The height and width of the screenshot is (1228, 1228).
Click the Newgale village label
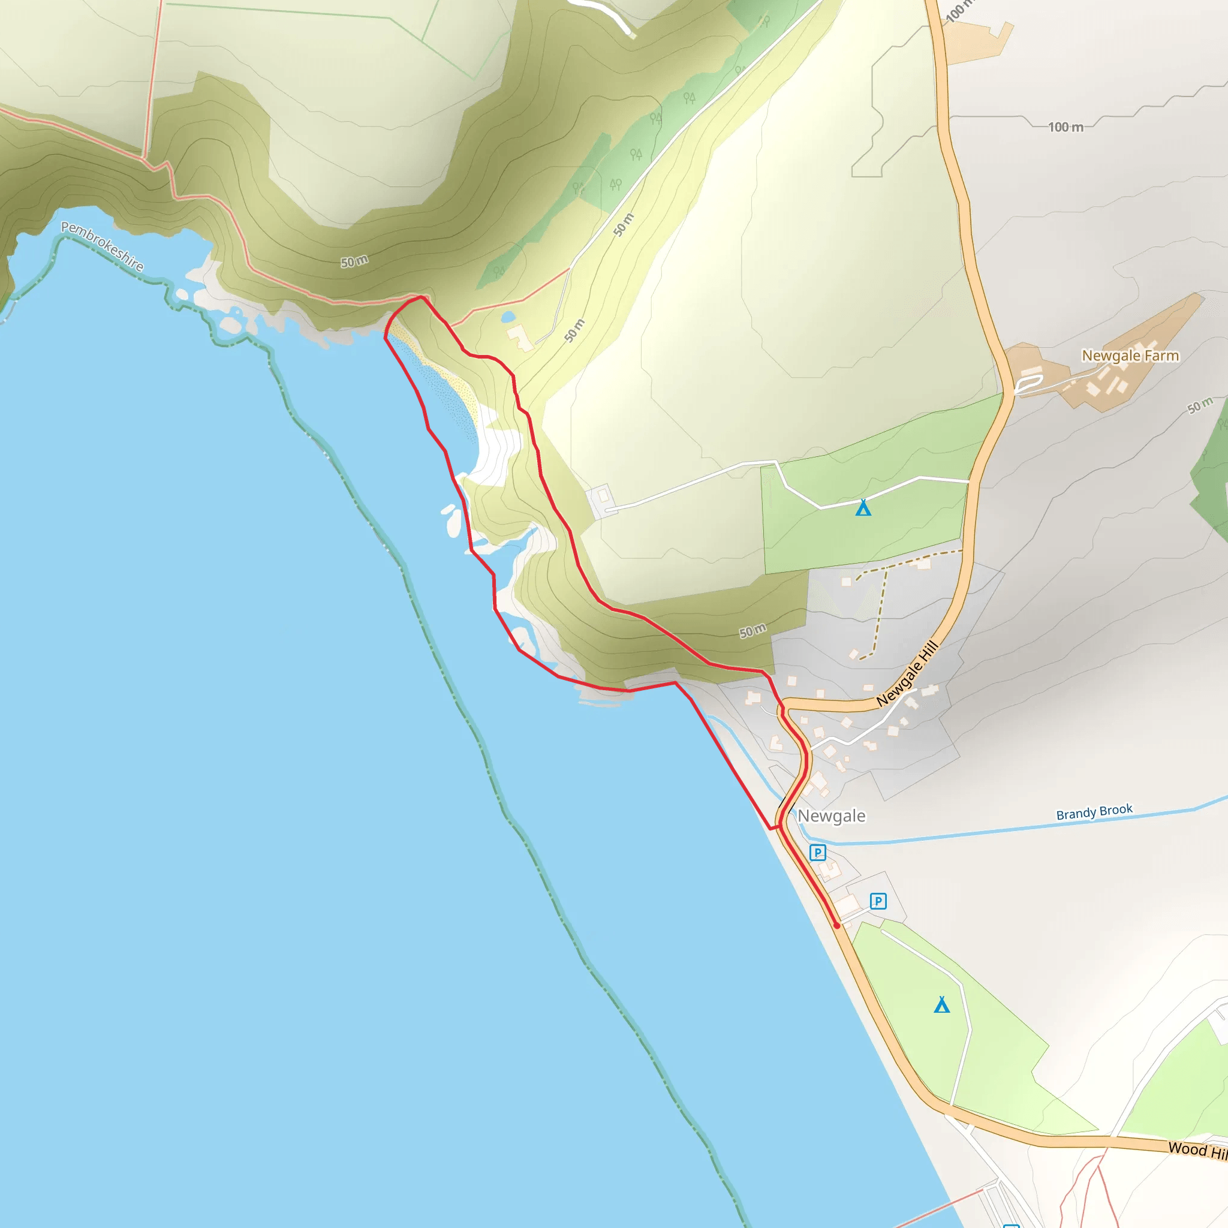[x=832, y=815]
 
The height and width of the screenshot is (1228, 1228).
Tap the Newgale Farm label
[x=1130, y=356]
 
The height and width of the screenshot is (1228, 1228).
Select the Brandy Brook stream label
[x=1094, y=812]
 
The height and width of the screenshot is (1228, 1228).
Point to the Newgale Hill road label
[x=907, y=674]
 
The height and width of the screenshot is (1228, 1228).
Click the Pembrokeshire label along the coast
[x=103, y=246]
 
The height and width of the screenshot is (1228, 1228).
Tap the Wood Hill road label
[x=1197, y=1149]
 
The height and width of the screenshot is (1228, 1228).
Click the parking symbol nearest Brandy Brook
[x=817, y=853]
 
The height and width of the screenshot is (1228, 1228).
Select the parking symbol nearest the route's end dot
[x=878, y=901]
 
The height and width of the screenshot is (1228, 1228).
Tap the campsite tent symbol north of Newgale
[x=862, y=508]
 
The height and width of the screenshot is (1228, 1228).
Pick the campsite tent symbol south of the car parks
[x=941, y=1005]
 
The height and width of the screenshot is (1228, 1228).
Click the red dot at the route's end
[x=836, y=925]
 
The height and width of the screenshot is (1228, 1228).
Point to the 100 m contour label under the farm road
[x=1066, y=127]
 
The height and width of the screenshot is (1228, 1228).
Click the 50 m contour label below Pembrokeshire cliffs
[x=354, y=261]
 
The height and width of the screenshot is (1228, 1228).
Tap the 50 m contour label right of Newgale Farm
[x=1200, y=405]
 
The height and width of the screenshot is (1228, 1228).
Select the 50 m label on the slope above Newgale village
[x=753, y=631]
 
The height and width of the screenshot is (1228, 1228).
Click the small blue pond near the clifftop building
[x=508, y=317]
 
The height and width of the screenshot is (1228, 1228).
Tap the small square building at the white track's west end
[x=602, y=496]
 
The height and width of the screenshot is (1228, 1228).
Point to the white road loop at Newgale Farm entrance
[x=1028, y=383]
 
